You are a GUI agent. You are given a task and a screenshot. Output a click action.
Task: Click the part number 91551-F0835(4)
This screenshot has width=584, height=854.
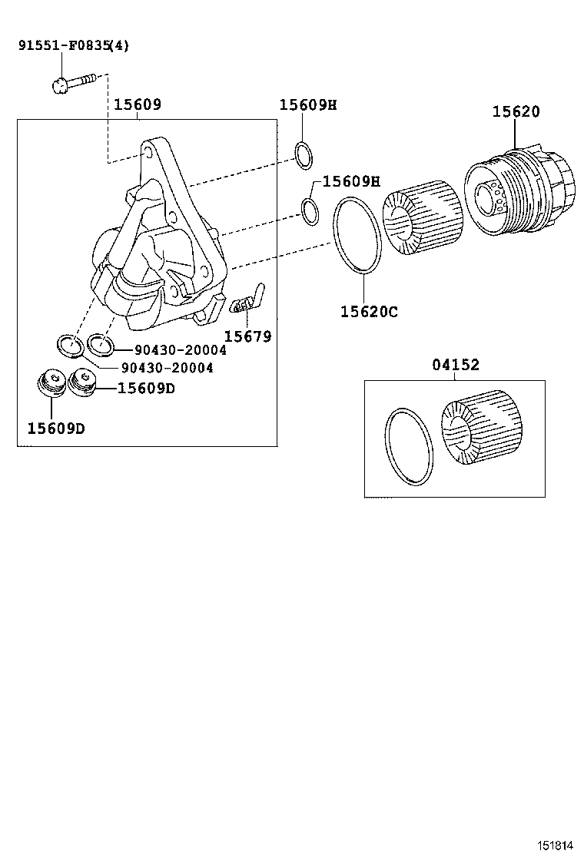click(x=73, y=45)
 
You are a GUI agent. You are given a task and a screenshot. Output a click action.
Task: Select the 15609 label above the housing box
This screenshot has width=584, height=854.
click(x=138, y=104)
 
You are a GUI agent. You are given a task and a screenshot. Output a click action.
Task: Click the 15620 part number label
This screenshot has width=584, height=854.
click(x=516, y=112)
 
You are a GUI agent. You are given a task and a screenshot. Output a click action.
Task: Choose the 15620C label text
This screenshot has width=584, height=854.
click(x=369, y=312)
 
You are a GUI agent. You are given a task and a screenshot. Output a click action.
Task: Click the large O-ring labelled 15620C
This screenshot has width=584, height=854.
click(x=357, y=234)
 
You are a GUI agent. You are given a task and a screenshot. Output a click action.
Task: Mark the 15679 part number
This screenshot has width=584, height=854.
click(x=247, y=336)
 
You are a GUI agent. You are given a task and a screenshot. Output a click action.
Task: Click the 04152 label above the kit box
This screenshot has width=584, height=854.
click(x=455, y=366)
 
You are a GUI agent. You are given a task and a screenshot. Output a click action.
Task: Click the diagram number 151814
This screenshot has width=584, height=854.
click(x=554, y=844)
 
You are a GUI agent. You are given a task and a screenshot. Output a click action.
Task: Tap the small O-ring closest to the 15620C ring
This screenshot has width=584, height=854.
click(x=310, y=211)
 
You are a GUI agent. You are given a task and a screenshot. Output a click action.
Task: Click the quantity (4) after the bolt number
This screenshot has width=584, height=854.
click(x=119, y=45)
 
